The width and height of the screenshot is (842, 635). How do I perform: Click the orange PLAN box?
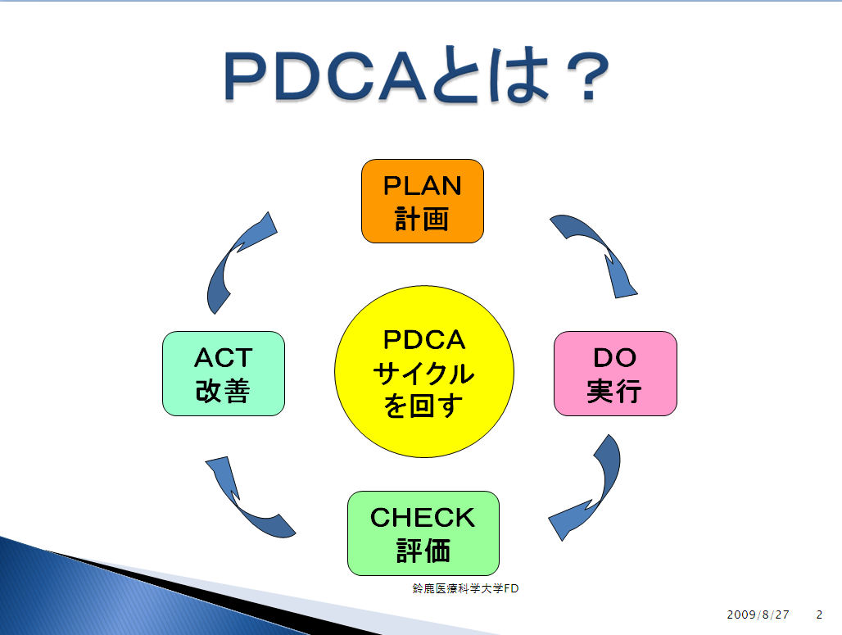(423, 201)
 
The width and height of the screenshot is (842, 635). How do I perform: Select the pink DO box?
(615, 374)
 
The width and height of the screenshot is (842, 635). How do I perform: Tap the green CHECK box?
(423, 533)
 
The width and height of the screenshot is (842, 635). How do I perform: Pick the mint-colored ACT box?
(224, 374)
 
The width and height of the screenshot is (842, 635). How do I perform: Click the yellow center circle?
(424, 372)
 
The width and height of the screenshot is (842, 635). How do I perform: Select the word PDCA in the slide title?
(324, 76)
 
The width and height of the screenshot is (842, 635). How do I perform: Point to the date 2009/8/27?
(758, 615)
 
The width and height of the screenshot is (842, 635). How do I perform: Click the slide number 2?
(819, 615)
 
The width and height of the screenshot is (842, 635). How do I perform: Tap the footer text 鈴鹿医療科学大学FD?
(465, 588)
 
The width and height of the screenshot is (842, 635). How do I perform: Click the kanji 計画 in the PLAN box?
(422, 220)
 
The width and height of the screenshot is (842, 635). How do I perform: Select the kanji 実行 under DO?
(614, 391)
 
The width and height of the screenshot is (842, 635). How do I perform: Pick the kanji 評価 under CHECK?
(423, 551)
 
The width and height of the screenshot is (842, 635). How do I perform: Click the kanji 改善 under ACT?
(223, 391)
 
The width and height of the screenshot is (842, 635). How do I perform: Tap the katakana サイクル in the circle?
(424, 374)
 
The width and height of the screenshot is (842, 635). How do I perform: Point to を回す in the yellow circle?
(423, 406)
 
